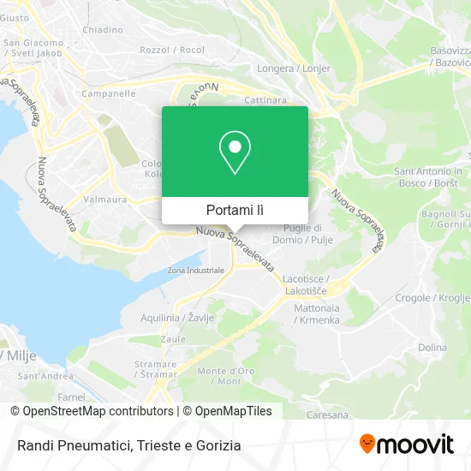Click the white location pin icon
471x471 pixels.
point(235,152)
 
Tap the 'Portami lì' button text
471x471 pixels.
point(235,210)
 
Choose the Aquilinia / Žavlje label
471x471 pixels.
point(177,318)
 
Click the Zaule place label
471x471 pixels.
point(172,339)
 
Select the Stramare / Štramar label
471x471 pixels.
point(155,368)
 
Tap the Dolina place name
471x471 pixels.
point(432,347)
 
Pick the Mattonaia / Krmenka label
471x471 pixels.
point(317,313)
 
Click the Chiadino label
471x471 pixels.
point(102,29)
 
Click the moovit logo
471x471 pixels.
point(407,444)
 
